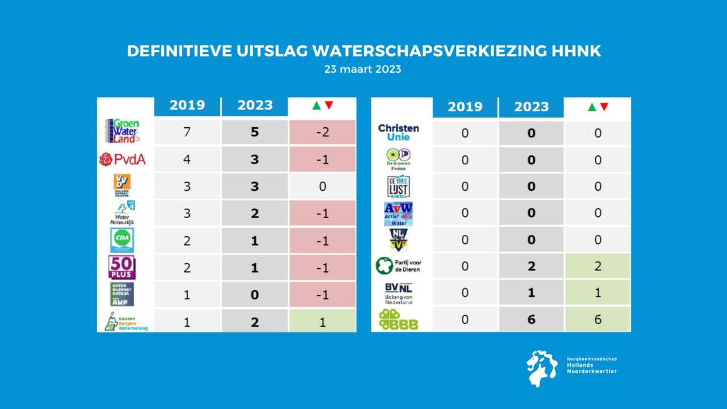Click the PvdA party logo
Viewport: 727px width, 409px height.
122,160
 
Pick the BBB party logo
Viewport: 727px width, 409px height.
399,320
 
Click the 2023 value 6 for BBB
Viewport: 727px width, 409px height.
531,320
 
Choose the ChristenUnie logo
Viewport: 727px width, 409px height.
399,132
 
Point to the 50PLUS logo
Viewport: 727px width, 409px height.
122,267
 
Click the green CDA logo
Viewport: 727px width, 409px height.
122,240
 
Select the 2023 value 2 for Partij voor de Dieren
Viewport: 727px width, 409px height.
531,266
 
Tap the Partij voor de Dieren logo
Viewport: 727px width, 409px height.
399,265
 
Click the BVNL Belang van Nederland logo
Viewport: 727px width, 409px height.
399,293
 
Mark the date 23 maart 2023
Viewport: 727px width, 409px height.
363,69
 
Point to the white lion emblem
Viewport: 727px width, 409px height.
541,368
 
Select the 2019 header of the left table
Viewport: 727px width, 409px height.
187,106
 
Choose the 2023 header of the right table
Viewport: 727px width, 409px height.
531,107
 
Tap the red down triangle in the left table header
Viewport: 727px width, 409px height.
329,106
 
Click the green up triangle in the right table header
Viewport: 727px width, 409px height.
591,107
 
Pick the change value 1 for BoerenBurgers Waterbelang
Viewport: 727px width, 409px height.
322,321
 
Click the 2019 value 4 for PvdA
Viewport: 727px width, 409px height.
187,160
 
